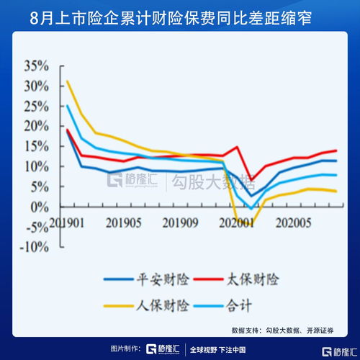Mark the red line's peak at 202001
pos(238,147)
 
